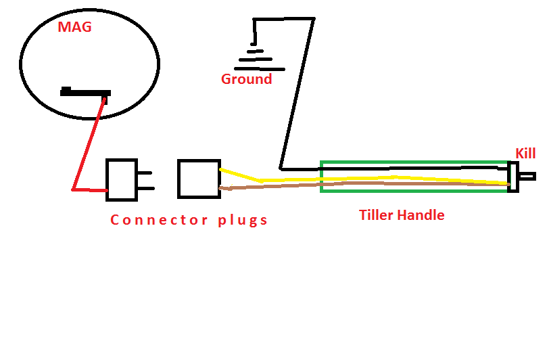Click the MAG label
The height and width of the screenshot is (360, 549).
[74, 28]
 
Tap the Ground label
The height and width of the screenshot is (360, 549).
[246, 79]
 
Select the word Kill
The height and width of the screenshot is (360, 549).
[525, 154]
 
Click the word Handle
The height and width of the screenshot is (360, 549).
[423, 215]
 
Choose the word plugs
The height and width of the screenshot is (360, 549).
[243, 221]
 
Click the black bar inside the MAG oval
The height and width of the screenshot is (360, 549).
[85, 91]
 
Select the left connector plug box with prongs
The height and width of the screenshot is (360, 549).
[122, 179]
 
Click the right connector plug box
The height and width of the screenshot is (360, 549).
[199, 179]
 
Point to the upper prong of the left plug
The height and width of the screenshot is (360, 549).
[145, 171]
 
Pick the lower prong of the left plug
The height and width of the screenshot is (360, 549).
[145, 188]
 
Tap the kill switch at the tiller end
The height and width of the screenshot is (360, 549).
[513, 177]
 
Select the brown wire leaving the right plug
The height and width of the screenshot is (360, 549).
[270, 185]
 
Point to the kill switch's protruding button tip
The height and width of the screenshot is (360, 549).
[528, 177]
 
